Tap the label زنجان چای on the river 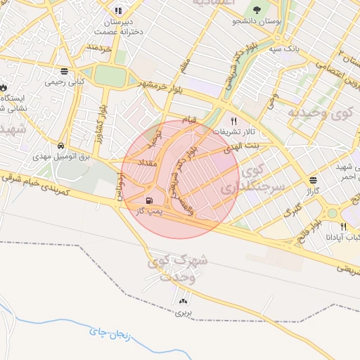coord(105,333)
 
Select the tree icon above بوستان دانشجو coord(255,10)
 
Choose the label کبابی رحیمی coord(65,82)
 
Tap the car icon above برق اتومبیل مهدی coord(63,146)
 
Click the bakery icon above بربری coord(184,300)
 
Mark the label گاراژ coord(313,191)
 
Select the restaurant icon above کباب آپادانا coord(343,226)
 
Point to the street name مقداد coord(153,163)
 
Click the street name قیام coord(190,120)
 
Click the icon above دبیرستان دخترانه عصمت coord(117,11)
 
